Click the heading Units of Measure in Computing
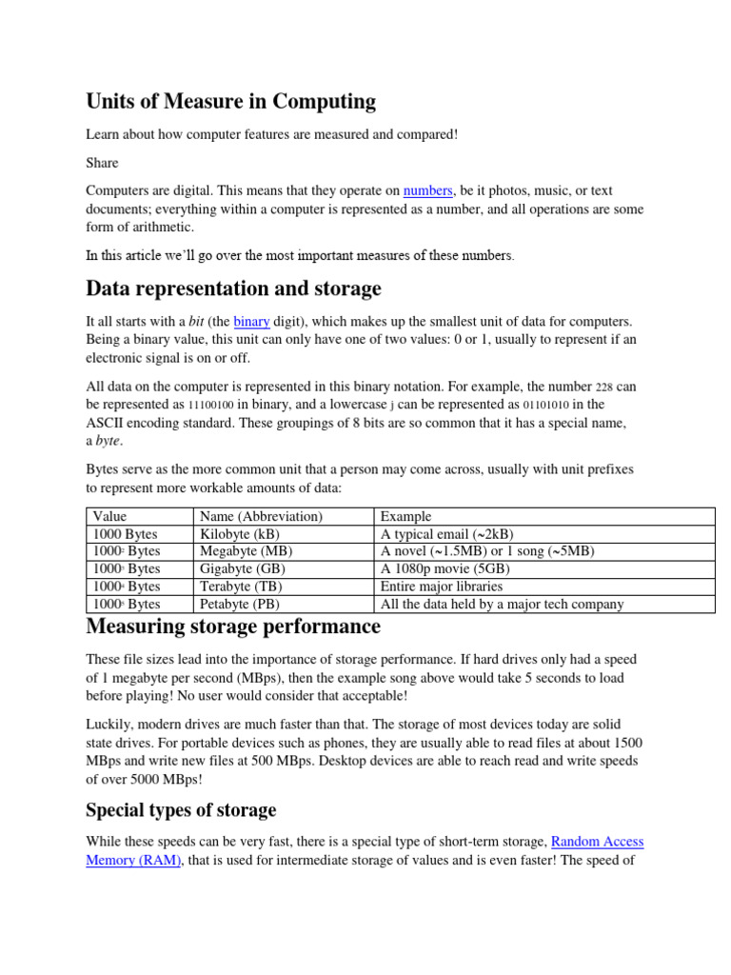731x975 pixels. pyautogui.click(x=230, y=101)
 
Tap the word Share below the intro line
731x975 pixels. pyautogui.click(x=102, y=163)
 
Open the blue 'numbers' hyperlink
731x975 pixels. pyautogui.click(x=427, y=190)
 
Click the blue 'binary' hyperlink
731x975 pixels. pyautogui.click(x=251, y=322)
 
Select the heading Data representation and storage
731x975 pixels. pyautogui.click(x=233, y=288)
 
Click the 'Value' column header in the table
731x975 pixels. pyautogui.click(x=109, y=517)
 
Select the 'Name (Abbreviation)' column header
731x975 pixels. pyautogui.click(x=261, y=517)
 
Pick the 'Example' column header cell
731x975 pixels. pyautogui.click(x=405, y=517)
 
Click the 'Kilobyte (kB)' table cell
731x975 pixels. pyautogui.click(x=243, y=534)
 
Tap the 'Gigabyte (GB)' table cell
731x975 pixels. pyautogui.click(x=245, y=568)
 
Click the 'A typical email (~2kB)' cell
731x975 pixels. pyautogui.click(x=446, y=534)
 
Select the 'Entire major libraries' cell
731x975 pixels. pyautogui.click(x=445, y=587)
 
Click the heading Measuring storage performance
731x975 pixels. pyautogui.click(x=233, y=627)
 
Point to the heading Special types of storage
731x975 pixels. pyautogui.click(x=181, y=810)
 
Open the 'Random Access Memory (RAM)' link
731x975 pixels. pyautogui.click(x=133, y=859)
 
